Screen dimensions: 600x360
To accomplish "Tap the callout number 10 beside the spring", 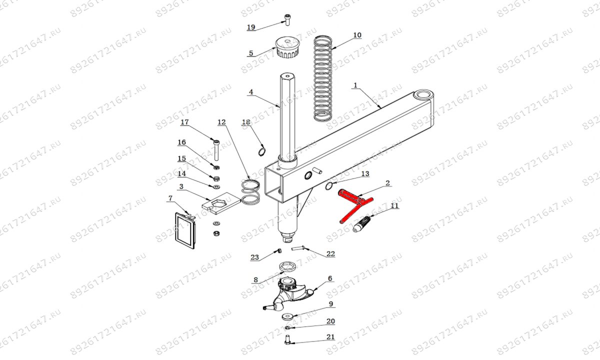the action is click(x=357, y=35).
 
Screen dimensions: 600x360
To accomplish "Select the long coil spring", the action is click(x=323, y=77).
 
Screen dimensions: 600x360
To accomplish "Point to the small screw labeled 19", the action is click(x=287, y=20).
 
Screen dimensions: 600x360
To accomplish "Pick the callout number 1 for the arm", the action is click(x=355, y=85).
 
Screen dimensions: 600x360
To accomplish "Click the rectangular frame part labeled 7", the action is click(x=185, y=230).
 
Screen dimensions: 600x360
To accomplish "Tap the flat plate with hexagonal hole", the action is click(x=221, y=203).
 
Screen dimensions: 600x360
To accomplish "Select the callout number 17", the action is click(x=184, y=122).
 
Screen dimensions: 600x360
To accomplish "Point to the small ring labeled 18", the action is click(x=262, y=151).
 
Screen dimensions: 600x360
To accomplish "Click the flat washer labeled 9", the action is click(x=288, y=317).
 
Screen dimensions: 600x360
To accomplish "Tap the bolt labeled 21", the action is click(x=287, y=340).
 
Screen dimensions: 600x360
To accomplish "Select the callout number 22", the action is click(x=330, y=253).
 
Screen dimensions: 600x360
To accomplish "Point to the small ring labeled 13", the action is click(x=329, y=185).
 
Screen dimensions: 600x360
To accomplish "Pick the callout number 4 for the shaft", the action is click(x=251, y=92).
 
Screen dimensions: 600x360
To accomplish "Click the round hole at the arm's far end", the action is click(x=423, y=95).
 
